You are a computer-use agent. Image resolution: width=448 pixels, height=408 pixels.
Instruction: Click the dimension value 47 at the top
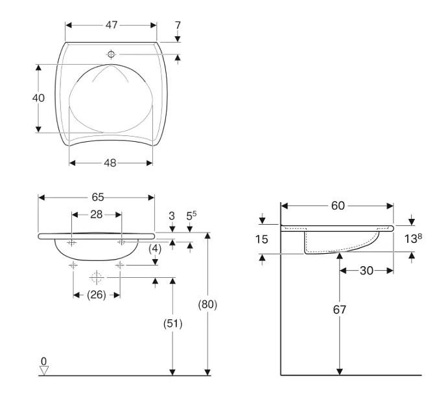click(112, 25)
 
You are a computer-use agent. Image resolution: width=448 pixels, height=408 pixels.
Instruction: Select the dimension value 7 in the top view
click(178, 25)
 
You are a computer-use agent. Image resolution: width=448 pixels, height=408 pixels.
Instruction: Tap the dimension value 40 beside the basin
click(38, 98)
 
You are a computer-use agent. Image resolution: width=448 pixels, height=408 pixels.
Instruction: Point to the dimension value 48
click(110, 163)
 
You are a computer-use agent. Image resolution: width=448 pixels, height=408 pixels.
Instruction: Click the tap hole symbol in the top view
click(111, 54)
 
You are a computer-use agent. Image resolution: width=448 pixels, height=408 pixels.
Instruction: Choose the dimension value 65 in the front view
click(97, 197)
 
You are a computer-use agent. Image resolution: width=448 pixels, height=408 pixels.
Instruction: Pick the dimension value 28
click(96, 214)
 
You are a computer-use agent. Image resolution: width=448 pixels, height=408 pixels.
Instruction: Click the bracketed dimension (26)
click(96, 295)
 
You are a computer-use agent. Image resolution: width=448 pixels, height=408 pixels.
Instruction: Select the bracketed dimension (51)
click(172, 323)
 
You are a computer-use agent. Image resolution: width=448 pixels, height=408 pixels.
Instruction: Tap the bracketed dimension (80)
click(206, 304)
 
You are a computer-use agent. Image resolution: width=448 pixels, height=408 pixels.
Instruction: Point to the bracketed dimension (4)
click(155, 248)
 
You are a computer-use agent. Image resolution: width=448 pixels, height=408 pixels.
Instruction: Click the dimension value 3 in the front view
click(172, 215)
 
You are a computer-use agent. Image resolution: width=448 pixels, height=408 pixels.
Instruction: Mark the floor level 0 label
click(43, 361)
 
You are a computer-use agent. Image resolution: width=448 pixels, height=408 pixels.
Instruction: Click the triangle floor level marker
click(43, 370)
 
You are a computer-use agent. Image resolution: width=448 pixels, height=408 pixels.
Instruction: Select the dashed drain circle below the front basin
click(96, 278)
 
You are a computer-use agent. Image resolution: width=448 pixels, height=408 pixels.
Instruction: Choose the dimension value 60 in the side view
click(338, 205)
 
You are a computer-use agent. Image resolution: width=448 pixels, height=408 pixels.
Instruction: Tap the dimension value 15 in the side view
click(261, 240)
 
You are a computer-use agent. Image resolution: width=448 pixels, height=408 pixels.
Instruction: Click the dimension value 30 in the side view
click(366, 271)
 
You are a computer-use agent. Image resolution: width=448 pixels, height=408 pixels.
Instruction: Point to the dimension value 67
click(339, 310)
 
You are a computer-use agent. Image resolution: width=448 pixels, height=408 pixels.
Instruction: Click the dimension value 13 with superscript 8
click(413, 239)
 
